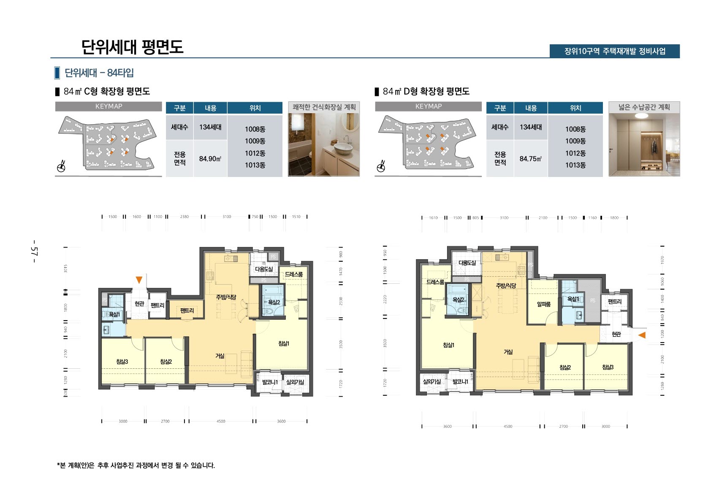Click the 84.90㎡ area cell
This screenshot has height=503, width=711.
tap(210, 159)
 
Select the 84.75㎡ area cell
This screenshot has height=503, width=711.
tap(531, 159)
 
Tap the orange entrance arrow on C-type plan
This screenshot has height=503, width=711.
tap(139, 280)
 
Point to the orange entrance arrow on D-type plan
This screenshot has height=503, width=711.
tap(642, 335)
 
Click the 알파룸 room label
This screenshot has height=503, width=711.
tap(543, 304)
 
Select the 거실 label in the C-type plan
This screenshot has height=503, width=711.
tap(220, 356)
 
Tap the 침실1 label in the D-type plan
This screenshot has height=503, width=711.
tap(448, 345)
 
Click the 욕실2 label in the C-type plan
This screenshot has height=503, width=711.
tap(274, 302)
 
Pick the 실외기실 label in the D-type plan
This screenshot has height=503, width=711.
tap(431, 381)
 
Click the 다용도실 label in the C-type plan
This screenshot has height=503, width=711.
tap(264, 269)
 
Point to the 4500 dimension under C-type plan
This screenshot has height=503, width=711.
tap(221, 421)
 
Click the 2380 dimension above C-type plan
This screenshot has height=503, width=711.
tap(185, 217)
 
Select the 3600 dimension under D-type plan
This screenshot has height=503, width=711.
tap(447, 426)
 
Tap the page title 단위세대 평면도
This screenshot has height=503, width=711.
tap(132, 47)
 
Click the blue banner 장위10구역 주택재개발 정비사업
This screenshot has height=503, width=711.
tap(614, 51)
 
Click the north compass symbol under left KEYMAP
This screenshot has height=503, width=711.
tap(61, 167)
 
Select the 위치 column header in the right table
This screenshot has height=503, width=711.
tap(575, 108)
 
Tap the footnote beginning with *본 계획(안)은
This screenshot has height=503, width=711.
tap(136, 465)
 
